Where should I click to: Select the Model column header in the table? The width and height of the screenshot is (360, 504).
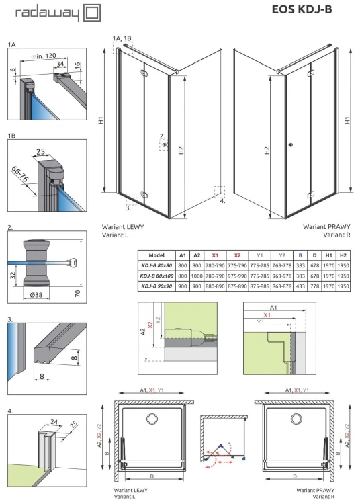(156, 255)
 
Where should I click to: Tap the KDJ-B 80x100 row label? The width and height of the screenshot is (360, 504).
(156, 276)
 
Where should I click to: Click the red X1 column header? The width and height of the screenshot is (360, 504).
(215, 255)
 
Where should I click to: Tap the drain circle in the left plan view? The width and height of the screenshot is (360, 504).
(148, 419)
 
